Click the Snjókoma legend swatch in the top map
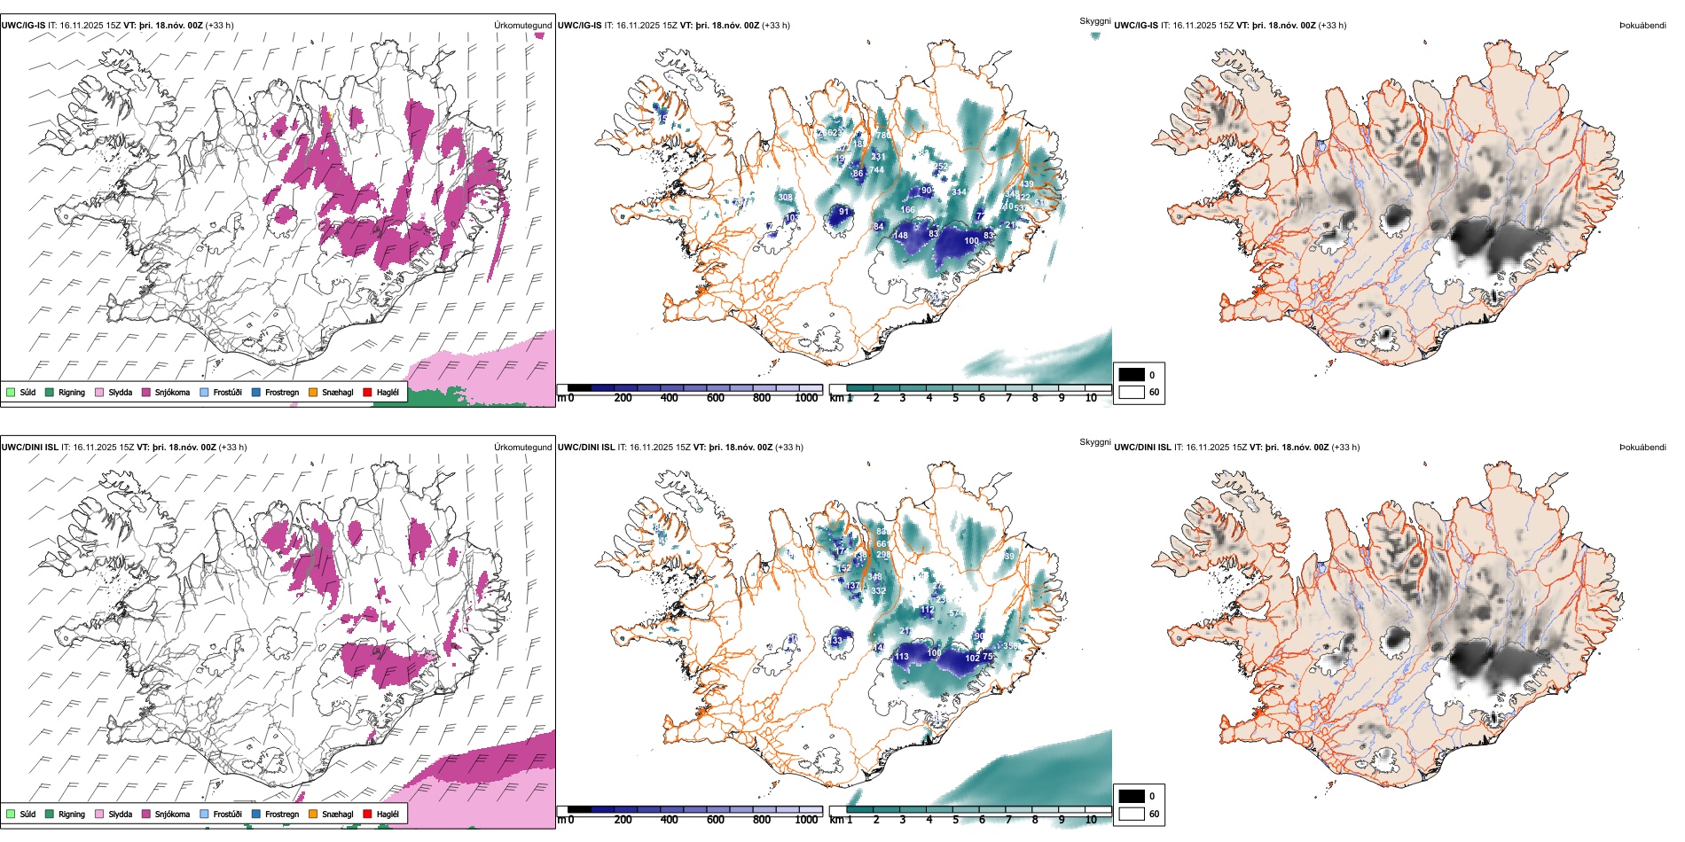point(145,392)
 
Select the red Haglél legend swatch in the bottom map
point(367,814)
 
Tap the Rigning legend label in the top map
point(72,393)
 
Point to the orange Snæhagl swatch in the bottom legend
point(313,814)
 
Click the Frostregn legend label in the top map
point(281,393)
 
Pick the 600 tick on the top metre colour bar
point(715,398)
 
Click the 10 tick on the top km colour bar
point(1091,398)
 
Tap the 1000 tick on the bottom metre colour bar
point(806,820)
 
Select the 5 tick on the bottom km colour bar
point(956,820)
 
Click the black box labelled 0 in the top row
point(1132,374)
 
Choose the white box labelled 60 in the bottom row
point(1132,814)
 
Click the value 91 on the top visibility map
point(844,212)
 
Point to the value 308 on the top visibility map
point(785,197)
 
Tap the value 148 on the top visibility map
point(901,235)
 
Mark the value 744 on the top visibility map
point(876,170)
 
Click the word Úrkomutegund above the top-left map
point(522,26)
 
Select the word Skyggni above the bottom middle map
point(1094,441)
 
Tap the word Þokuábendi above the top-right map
point(1642,26)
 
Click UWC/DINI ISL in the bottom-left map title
point(29,448)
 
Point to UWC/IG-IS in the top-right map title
point(1136,26)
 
